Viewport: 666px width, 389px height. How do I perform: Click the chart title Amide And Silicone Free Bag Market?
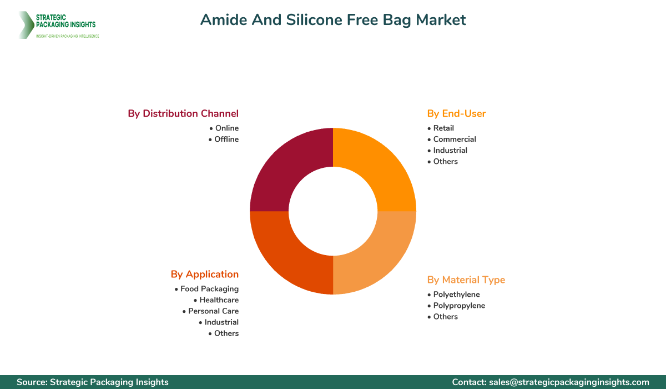click(333, 20)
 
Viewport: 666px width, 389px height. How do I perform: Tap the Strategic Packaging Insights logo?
click(58, 25)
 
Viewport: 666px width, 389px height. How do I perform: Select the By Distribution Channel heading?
click(183, 113)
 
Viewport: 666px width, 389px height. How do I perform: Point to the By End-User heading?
click(456, 113)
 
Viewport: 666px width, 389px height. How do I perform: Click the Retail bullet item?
click(443, 128)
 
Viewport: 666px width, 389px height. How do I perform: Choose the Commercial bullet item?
click(454, 139)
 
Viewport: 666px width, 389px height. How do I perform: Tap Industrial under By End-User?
click(450, 151)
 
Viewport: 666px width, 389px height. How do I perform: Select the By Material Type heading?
click(466, 280)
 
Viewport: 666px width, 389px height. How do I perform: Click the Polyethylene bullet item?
click(456, 295)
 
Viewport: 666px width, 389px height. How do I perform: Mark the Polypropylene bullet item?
click(458, 306)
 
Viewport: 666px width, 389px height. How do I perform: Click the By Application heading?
click(205, 274)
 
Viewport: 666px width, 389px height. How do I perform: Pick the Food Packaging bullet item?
click(209, 289)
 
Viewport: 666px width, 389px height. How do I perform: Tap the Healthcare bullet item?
click(219, 300)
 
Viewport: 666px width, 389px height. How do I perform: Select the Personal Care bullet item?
click(213, 311)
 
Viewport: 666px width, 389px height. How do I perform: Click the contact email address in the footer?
click(569, 382)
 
